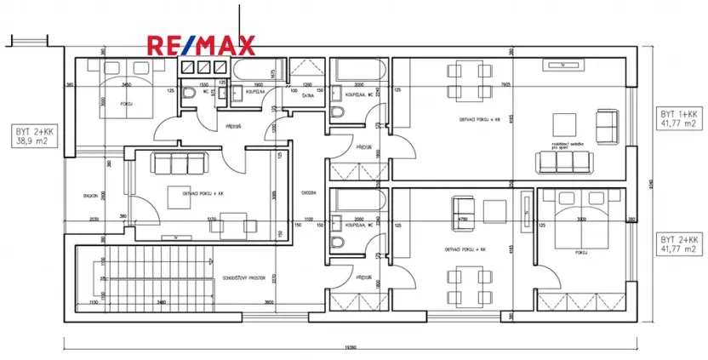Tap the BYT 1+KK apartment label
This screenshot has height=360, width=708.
coord(679,113)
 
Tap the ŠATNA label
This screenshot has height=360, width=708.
coord(308,96)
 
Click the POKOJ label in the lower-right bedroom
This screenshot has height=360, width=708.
coord(582,252)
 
